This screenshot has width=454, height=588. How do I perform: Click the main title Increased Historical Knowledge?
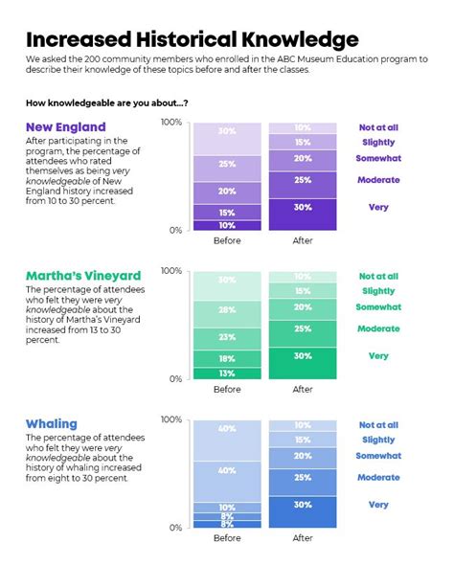192,39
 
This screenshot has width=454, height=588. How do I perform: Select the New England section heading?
66,127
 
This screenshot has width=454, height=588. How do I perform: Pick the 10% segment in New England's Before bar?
227,225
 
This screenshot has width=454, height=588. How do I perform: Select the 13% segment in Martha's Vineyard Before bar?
227,373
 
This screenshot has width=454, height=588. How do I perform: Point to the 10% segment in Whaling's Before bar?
227,507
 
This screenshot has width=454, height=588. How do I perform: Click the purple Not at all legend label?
378,127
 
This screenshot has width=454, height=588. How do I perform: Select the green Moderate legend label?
378,328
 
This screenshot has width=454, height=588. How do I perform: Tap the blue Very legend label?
378,504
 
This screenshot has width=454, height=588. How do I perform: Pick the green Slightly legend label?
378,291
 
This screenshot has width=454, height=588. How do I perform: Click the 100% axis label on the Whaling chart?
170,419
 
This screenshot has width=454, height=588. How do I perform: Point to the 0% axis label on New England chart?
174,230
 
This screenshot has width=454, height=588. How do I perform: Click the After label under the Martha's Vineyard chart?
302,390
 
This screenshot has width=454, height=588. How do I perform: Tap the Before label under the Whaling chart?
227,538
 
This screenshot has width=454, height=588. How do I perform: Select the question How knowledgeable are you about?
106,102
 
